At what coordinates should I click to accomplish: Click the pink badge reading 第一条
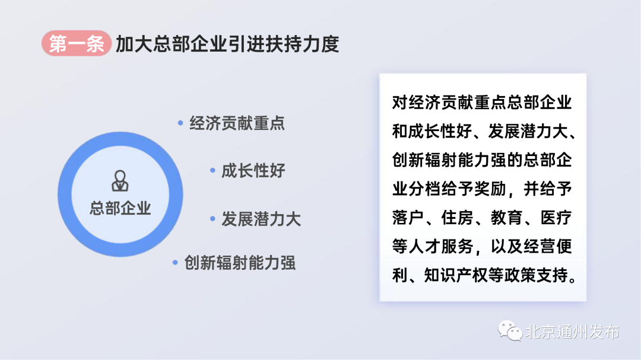[x=77, y=43]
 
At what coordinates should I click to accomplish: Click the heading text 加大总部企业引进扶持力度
[x=228, y=44]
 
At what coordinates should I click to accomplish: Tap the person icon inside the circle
[x=120, y=181]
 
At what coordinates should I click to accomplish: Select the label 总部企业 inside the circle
[x=120, y=208]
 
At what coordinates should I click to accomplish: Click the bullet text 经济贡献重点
[x=237, y=123]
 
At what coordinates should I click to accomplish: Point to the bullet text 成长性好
[x=253, y=170]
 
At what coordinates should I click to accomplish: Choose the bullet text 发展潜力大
[x=261, y=219]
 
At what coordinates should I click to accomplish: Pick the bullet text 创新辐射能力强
[x=240, y=263]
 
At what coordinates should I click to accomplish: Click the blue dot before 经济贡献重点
[x=180, y=123]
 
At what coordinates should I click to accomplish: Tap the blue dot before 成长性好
[x=212, y=170]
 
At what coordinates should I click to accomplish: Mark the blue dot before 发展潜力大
[x=212, y=219]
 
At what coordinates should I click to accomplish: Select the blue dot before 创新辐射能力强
[x=175, y=262]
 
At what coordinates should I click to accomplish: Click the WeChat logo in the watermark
[x=510, y=330]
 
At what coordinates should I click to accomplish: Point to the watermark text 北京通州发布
[x=572, y=332]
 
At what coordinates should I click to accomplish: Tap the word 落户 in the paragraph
[x=408, y=218]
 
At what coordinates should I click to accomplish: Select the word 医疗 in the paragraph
[x=556, y=218]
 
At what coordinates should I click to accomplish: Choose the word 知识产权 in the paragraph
[x=456, y=275]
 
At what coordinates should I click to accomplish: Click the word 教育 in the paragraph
[x=506, y=218]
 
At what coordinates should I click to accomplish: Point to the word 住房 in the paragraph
[x=457, y=218]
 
